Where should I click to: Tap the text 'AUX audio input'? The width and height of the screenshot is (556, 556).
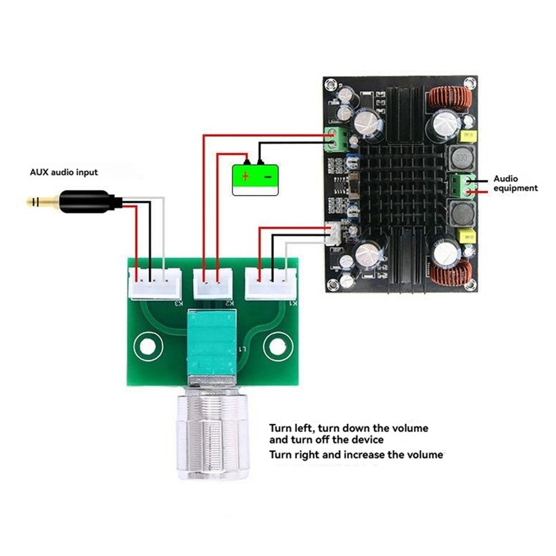(x=63, y=172)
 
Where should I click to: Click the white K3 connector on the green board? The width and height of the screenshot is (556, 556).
(x=155, y=284)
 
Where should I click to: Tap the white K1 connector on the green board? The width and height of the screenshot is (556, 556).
(x=272, y=284)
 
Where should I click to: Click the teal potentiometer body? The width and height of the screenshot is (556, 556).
(x=213, y=342)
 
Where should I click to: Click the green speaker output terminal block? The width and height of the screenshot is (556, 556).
(x=463, y=186)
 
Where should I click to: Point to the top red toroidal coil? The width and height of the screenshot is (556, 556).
(x=450, y=98)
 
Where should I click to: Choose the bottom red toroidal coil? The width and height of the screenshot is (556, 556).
(x=450, y=272)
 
